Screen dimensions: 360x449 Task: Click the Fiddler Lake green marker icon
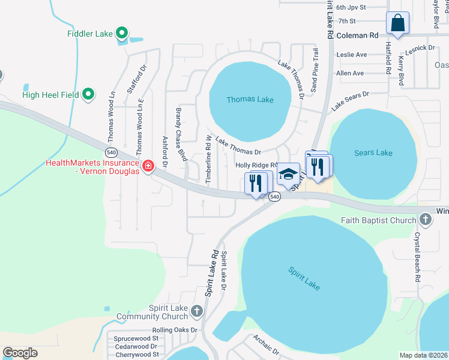pyautogui.click(x=122, y=34)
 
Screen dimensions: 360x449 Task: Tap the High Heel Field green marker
pyautogui.click(x=89, y=94)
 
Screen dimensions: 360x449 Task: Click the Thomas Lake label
pyautogui.click(x=250, y=100)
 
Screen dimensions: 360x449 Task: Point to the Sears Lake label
pyautogui.click(x=373, y=153)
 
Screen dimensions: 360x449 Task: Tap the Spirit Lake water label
pyautogui.click(x=304, y=278)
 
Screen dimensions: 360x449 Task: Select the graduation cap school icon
pyautogui.click(x=288, y=173)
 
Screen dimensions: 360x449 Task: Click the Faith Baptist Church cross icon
pyautogui.click(x=425, y=220)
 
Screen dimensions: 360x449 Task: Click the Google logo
pyautogui.click(x=20, y=353)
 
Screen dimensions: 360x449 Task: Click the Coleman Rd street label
pyautogui.click(x=358, y=35)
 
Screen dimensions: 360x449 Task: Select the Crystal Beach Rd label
pyautogui.click(x=416, y=257)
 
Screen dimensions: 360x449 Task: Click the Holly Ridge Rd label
pyautogui.click(x=256, y=165)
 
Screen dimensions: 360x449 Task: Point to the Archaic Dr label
pyautogui.click(x=266, y=344)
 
